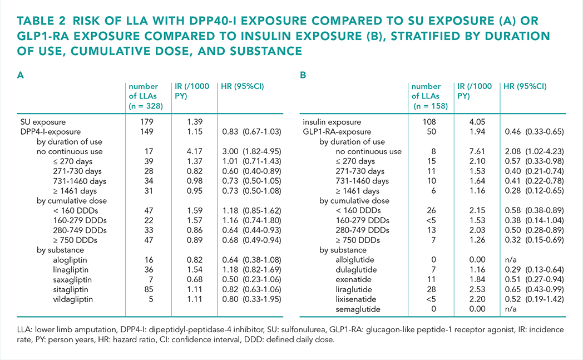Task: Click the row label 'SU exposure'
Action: (43, 122)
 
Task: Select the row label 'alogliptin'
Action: (71, 260)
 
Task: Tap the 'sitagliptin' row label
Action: (70, 289)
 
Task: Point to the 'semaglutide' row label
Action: (358, 309)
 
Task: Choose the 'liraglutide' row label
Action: (354, 289)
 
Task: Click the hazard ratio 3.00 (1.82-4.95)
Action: (251, 151)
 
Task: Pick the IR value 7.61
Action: (477, 151)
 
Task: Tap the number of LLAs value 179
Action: (147, 122)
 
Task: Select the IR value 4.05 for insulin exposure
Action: (477, 122)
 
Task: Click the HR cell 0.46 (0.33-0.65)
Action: (534, 132)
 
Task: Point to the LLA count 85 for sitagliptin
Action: (149, 289)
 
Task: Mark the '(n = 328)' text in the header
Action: (146, 106)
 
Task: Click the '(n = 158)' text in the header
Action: (431, 106)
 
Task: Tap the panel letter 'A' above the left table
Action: (21, 75)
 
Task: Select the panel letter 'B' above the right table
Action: (303, 75)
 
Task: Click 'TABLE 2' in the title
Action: (41, 21)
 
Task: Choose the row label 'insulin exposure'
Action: (332, 122)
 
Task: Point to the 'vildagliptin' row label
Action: (73, 299)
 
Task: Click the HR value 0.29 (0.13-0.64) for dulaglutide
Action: (534, 270)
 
